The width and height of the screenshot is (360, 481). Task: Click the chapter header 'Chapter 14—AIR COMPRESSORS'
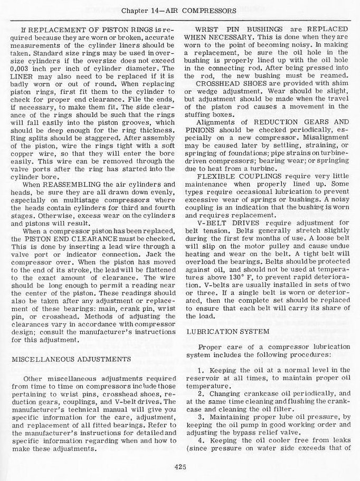[x=180, y=10]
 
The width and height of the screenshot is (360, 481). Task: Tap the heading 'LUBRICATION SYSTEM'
[x=221, y=331]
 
